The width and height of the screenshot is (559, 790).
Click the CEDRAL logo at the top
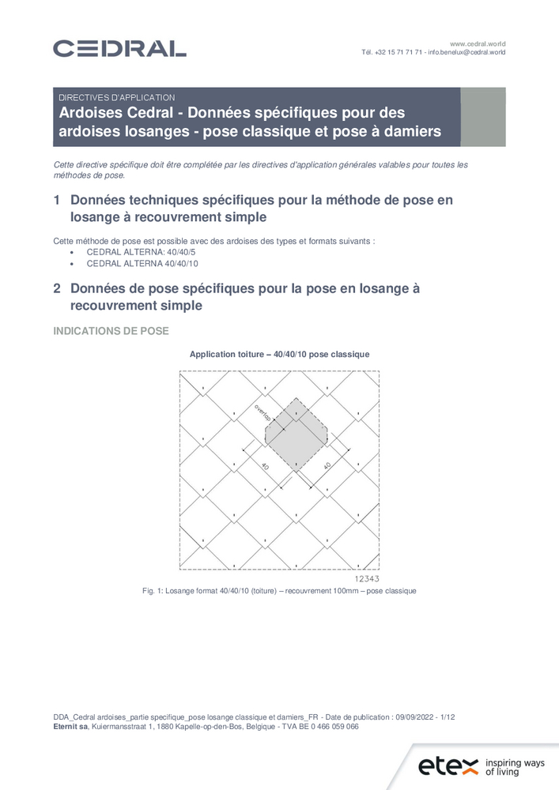click(x=119, y=48)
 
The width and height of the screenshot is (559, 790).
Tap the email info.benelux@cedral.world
click(x=466, y=52)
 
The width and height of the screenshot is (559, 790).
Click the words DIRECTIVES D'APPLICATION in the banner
click(x=117, y=97)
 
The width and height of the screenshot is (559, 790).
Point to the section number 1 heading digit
click(x=56, y=201)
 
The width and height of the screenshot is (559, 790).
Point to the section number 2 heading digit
click(x=56, y=289)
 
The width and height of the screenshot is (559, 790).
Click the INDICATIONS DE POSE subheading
click(x=111, y=331)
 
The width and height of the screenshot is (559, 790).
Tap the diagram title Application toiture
click(x=227, y=355)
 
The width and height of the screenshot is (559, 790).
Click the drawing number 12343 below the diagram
click(x=367, y=578)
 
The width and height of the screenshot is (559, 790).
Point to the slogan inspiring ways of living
click(x=515, y=767)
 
